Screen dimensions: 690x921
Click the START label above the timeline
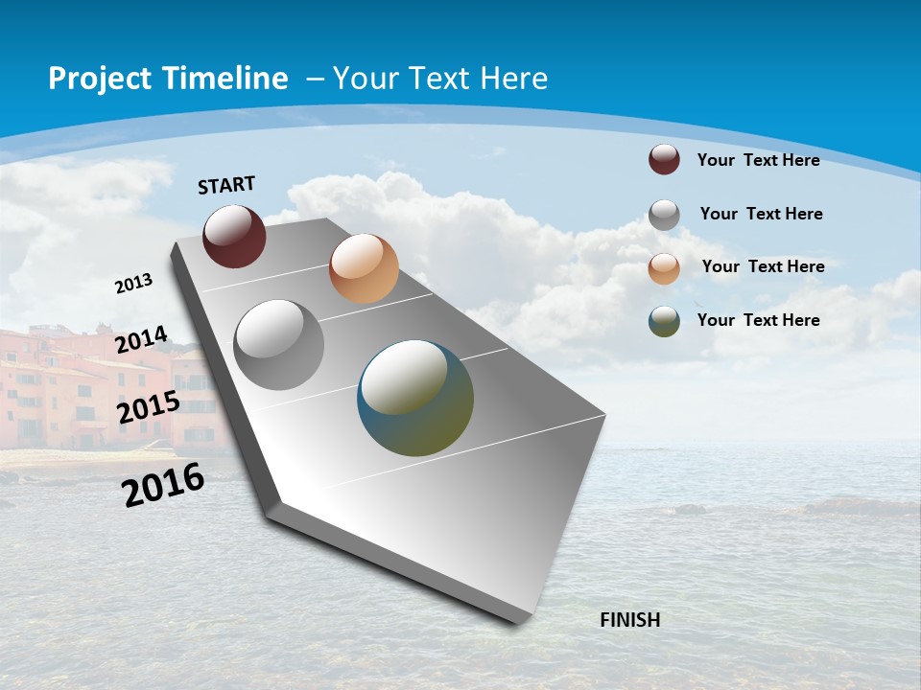(226, 185)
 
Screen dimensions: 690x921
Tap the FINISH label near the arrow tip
(629, 620)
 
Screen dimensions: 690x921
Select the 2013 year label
(133, 284)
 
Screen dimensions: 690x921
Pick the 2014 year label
(141, 339)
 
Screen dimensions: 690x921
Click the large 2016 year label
(163, 484)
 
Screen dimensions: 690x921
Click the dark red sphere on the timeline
(234, 236)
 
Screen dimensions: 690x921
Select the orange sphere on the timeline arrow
(364, 268)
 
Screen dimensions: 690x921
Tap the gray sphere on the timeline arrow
(278, 345)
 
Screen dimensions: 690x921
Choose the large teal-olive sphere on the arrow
(415, 398)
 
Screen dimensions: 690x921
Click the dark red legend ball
(664, 160)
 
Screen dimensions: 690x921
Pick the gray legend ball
(664, 215)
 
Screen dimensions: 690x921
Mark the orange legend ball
(664, 268)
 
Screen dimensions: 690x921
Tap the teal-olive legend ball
(664, 321)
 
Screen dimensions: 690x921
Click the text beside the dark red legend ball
(758, 160)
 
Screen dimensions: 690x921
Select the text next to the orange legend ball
(763, 266)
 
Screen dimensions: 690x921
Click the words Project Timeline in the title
(168, 79)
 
